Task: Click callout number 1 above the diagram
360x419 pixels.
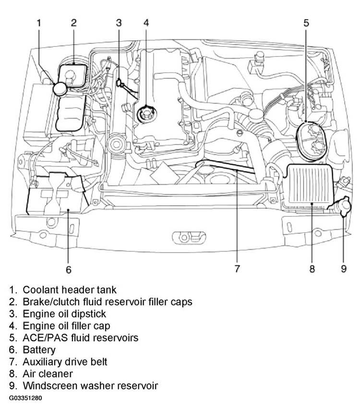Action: [x=39, y=23]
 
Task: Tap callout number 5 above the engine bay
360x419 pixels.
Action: [x=306, y=23]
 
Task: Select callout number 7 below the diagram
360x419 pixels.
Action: [x=237, y=268]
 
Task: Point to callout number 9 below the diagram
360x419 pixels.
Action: [x=344, y=268]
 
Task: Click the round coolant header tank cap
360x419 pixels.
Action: [x=60, y=89]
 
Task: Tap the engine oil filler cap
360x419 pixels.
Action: [x=146, y=114]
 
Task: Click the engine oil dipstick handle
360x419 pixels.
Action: [x=119, y=83]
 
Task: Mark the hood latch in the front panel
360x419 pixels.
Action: [x=189, y=237]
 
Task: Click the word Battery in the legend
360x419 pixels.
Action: [x=39, y=349]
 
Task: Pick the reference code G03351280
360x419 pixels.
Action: [x=25, y=398]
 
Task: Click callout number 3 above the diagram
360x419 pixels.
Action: [x=119, y=23]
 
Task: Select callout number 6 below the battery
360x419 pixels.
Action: [x=69, y=270]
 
